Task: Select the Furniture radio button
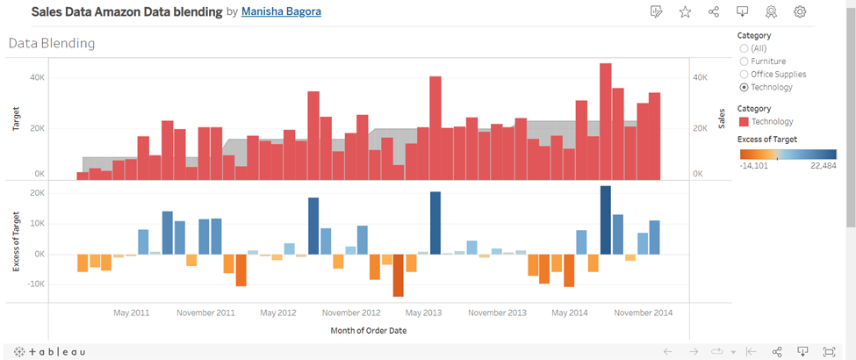(x=745, y=61)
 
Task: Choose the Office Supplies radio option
(x=745, y=75)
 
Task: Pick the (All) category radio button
(x=745, y=48)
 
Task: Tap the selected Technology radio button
(x=745, y=88)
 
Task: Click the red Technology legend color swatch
(x=745, y=121)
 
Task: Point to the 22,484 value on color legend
(x=822, y=164)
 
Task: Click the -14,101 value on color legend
(x=754, y=164)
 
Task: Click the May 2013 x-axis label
(x=423, y=313)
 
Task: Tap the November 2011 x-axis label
(x=205, y=313)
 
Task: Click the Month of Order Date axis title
(x=368, y=331)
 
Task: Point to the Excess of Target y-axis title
(x=16, y=241)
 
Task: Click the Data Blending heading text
(x=52, y=43)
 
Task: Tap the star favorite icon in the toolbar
(x=685, y=12)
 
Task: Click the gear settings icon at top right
(x=800, y=12)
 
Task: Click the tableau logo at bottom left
(x=51, y=351)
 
